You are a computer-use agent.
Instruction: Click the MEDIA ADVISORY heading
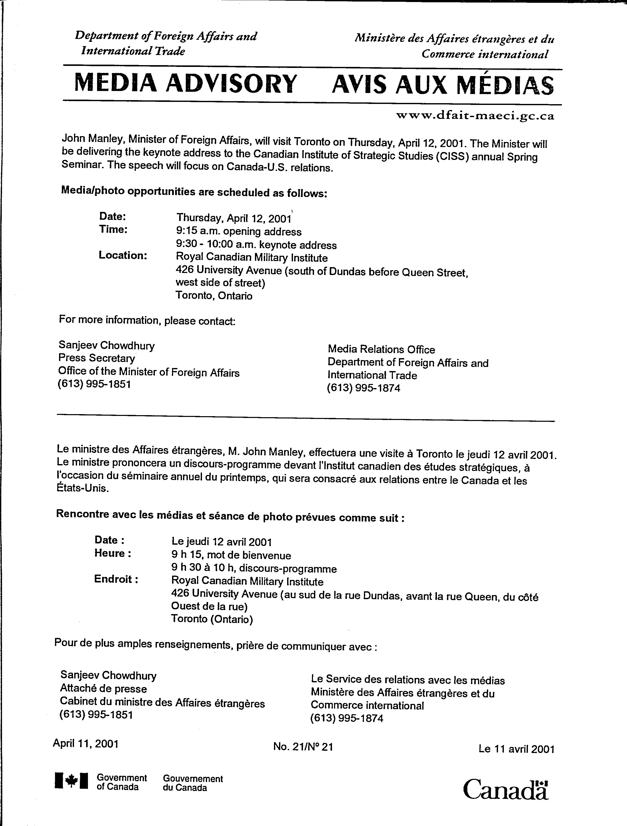[186, 84]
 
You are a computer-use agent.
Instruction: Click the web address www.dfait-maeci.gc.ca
[475, 116]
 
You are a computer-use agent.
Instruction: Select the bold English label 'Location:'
[123, 255]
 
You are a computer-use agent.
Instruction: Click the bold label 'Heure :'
[113, 553]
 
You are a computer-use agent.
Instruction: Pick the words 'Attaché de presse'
[103, 689]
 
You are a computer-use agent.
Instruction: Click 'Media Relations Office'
[381, 350]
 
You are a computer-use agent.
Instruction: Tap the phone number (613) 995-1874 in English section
[363, 388]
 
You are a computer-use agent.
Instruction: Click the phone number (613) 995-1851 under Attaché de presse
[96, 715]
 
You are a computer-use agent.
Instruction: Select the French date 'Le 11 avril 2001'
[516, 749]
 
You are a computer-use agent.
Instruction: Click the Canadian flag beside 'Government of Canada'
[71, 780]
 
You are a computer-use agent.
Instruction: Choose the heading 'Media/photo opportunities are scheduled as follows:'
[194, 192]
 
